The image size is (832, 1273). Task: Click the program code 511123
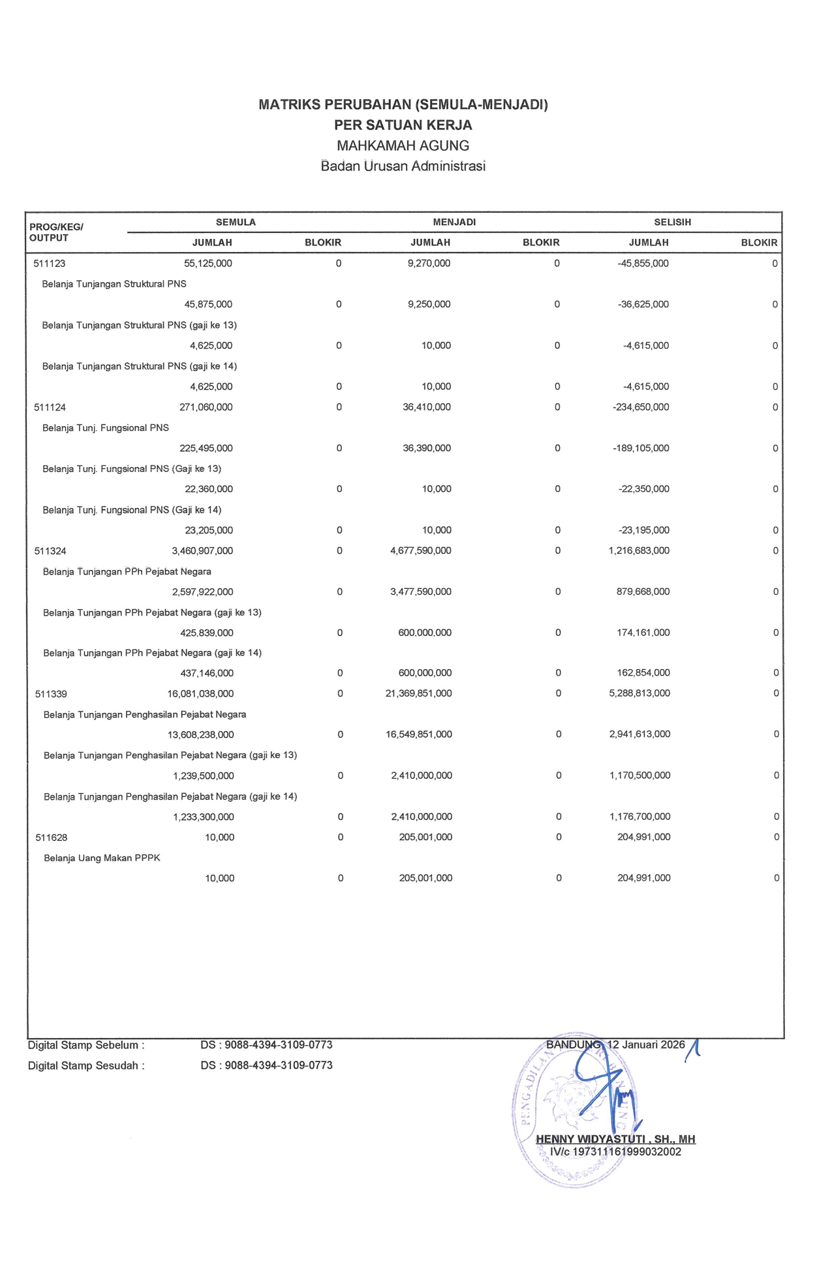(x=50, y=264)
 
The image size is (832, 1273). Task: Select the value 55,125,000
(x=208, y=264)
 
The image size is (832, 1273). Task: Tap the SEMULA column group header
(x=236, y=223)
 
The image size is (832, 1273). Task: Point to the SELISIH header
(x=672, y=223)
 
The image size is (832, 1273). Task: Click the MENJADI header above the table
(x=454, y=223)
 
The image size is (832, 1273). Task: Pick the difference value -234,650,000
(x=641, y=407)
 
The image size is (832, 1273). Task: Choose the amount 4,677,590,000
(x=421, y=551)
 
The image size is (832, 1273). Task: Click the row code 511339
(x=51, y=694)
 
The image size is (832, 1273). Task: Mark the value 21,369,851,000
(x=419, y=694)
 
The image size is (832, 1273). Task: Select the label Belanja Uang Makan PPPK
(x=102, y=858)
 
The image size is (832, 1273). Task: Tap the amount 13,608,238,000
(x=201, y=735)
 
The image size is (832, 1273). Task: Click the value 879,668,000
(x=639, y=592)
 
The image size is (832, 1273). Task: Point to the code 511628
(x=52, y=838)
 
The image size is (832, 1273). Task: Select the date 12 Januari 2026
(x=646, y=1045)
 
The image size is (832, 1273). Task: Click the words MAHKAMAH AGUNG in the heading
(x=403, y=146)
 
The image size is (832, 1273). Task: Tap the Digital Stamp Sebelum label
(x=86, y=1045)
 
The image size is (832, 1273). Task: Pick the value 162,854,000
(x=643, y=673)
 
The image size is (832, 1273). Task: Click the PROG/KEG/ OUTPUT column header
(x=56, y=232)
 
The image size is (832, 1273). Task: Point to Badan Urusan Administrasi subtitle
(x=403, y=166)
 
